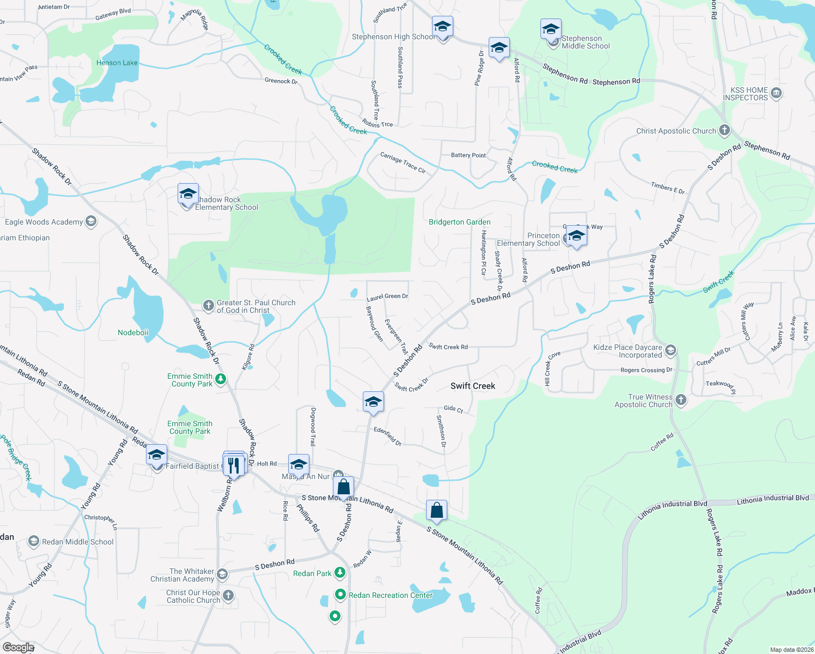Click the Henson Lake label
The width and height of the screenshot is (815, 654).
(117, 63)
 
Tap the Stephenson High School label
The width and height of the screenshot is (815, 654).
(393, 37)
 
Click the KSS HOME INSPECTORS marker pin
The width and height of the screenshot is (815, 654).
(776, 93)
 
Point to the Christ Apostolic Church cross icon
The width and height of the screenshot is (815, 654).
(724, 130)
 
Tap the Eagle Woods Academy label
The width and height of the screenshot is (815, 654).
(44, 222)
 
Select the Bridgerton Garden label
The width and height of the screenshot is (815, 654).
(459, 222)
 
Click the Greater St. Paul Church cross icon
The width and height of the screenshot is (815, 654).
(208, 305)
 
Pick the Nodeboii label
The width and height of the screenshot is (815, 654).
(133, 332)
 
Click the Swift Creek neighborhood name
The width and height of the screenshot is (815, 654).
(472, 386)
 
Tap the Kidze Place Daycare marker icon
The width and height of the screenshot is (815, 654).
(671, 350)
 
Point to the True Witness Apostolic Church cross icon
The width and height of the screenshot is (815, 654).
(680, 401)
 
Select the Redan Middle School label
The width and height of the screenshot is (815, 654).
(77, 542)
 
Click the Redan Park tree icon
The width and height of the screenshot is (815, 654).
(340, 573)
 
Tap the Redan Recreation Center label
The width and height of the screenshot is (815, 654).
(391, 595)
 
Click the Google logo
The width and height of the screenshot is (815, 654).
(18, 647)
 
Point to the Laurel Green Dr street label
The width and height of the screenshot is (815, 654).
(387, 296)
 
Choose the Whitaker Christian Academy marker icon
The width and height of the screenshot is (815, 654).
(222, 574)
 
